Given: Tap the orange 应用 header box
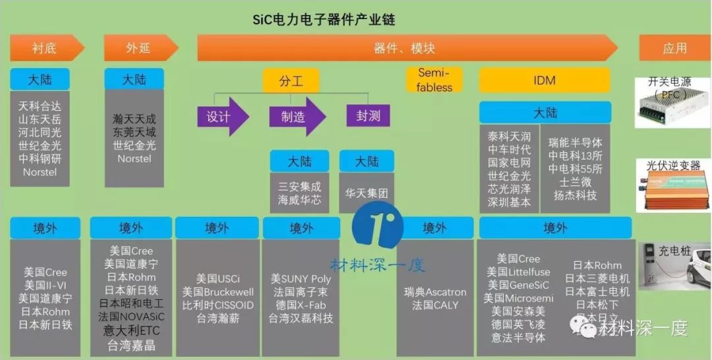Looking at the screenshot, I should (x=674, y=48).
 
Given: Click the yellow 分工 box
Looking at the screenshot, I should (x=290, y=80).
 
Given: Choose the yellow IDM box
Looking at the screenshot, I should (x=545, y=80).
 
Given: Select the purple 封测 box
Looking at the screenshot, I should (x=368, y=116).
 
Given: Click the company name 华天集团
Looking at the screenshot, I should (x=367, y=193).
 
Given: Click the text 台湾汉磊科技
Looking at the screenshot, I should (x=301, y=318).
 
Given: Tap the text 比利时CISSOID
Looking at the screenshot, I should (x=218, y=305).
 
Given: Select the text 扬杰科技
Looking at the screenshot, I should (x=576, y=195).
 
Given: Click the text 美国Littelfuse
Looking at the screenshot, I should (x=518, y=272).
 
